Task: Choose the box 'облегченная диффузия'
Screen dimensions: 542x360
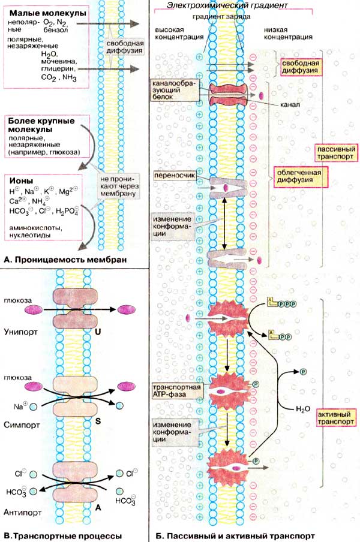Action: coord(299,177)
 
